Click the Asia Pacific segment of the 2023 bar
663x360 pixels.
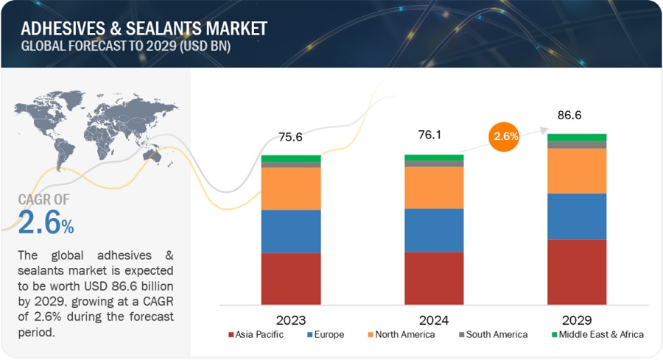pyautogui.click(x=291, y=278)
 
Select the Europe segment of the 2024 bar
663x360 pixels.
pyautogui.click(x=434, y=230)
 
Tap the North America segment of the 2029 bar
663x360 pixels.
pyautogui.click(x=577, y=171)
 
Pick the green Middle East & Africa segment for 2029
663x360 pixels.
pyautogui.click(x=577, y=138)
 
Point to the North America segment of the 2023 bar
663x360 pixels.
pyautogui.click(x=291, y=188)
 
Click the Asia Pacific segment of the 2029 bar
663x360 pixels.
pyautogui.click(x=577, y=272)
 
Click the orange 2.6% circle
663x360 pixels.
pyautogui.click(x=505, y=136)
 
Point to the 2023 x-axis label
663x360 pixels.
pyautogui.click(x=292, y=320)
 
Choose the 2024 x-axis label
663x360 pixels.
pyautogui.click(x=434, y=320)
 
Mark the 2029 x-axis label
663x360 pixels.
pyautogui.click(x=577, y=320)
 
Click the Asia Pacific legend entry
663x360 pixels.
pyautogui.click(x=259, y=334)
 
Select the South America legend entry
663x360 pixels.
pyautogui.click(x=491, y=334)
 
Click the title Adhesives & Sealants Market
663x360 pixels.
pyautogui.click(x=144, y=29)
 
